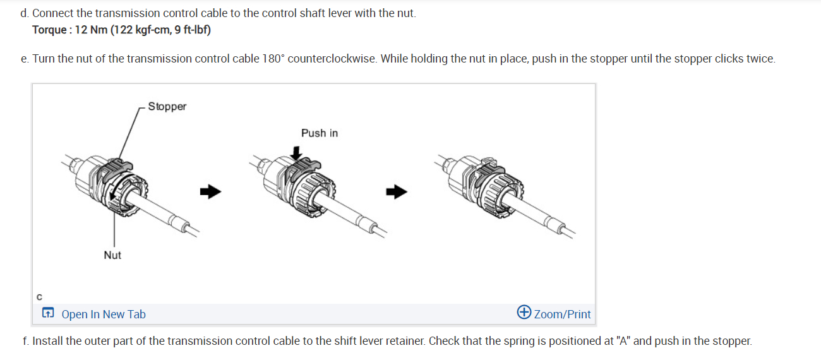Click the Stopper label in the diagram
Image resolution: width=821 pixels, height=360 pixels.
(x=167, y=107)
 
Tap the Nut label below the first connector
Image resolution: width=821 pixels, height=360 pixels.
(x=112, y=255)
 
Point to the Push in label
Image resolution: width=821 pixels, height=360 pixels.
(x=320, y=133)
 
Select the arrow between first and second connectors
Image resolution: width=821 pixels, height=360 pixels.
(x=212, y=191)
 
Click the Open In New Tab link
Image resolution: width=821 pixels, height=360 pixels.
(x=104, y=314)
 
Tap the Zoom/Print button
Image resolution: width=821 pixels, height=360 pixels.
(x=562, y=314)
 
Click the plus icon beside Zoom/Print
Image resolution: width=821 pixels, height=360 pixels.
(x=524, y=313)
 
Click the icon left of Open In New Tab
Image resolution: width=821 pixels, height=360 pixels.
(x=48, y=314)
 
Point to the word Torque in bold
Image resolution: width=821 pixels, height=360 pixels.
(x=50, y=30)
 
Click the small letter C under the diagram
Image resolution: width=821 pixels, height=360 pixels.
(x=39, y=296)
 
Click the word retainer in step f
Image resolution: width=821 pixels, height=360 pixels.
(x=402, y=341)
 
